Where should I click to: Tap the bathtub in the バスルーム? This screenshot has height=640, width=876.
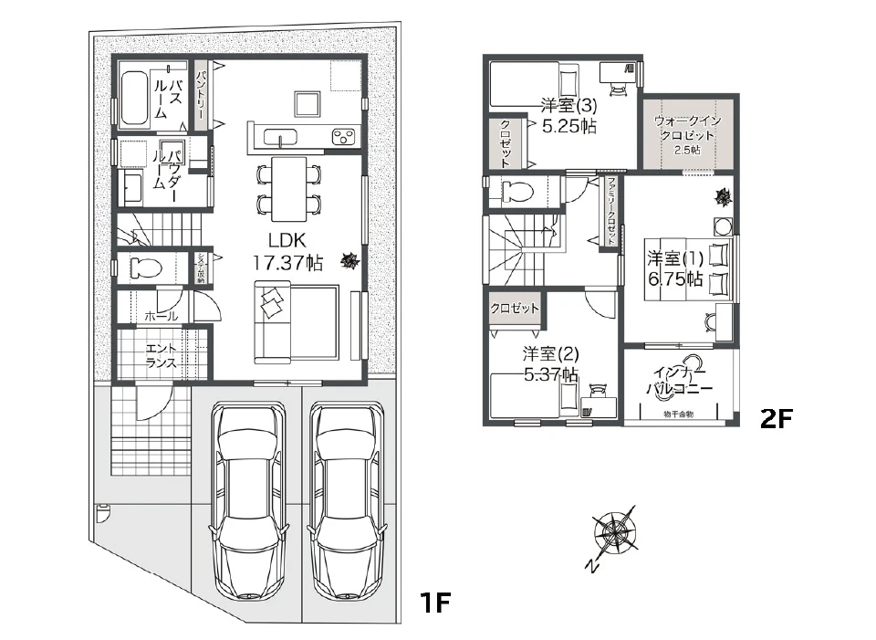point(136,97)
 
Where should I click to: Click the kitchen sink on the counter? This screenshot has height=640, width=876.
point(280,137)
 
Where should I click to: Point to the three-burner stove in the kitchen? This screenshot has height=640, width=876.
point(345,137)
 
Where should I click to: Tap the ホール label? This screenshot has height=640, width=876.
point(161,316)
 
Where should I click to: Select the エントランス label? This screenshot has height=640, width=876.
point(161,355)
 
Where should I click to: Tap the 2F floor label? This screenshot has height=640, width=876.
point(778,418)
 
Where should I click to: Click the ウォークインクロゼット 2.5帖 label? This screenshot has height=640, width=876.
point(686,134)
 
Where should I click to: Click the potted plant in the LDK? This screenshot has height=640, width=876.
point(349,262)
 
